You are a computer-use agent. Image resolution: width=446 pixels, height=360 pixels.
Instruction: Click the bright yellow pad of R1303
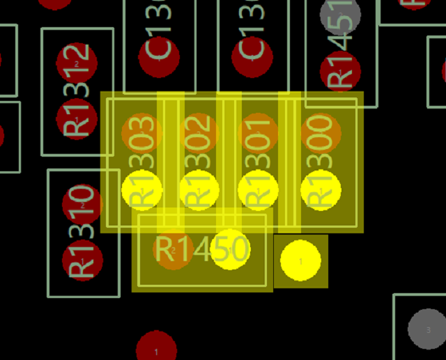[x=142, y=189]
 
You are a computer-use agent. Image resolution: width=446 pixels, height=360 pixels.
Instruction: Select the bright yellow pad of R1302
[x=200, y=189]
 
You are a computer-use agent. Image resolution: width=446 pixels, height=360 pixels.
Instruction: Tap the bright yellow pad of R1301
[x=258, y=189]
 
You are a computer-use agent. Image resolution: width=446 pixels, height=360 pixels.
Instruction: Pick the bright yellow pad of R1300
[x=321, y=189]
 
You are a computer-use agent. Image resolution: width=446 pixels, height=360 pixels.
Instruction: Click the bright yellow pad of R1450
[x=230, y=249]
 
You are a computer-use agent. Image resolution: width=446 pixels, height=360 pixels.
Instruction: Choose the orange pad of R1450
[x=174, y=250]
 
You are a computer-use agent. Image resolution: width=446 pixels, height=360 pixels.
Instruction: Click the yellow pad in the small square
[x=300, y=260]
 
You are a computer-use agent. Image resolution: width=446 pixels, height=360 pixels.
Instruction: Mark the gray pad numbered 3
[x=428, y=329]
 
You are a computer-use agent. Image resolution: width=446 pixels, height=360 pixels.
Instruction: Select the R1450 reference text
[x=201, y=249]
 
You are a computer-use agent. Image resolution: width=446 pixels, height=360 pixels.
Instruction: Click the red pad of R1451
[x=340, y=72]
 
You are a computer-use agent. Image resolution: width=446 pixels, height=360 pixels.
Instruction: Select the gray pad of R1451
[x=340, y=15]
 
